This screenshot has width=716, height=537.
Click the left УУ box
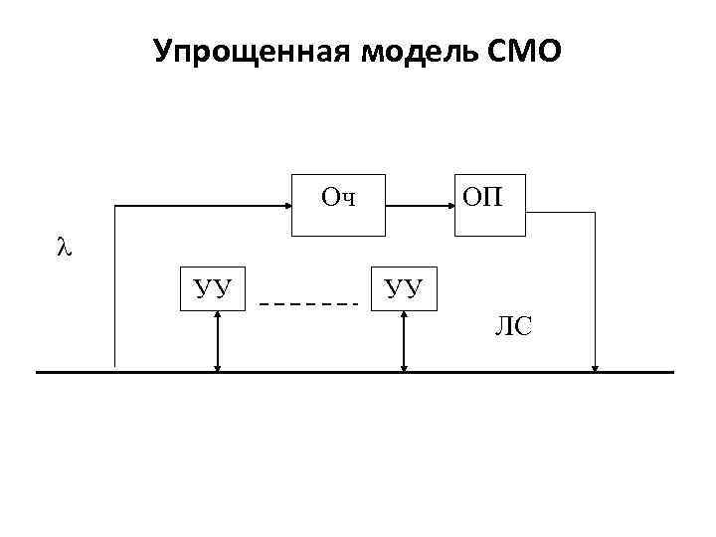[x=213, y=288]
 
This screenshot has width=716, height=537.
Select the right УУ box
[x=403, y=288]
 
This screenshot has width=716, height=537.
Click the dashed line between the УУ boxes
[x=308, y=302]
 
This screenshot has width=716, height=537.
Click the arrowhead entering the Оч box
[x=285, y=206]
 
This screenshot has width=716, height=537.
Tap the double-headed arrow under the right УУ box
[x=404, y=341]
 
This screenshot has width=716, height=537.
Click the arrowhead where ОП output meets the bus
[x=595, y=367]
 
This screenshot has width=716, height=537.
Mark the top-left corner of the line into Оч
[x=115, y=206]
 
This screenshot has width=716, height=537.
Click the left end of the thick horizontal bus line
[x=38, y=372]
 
